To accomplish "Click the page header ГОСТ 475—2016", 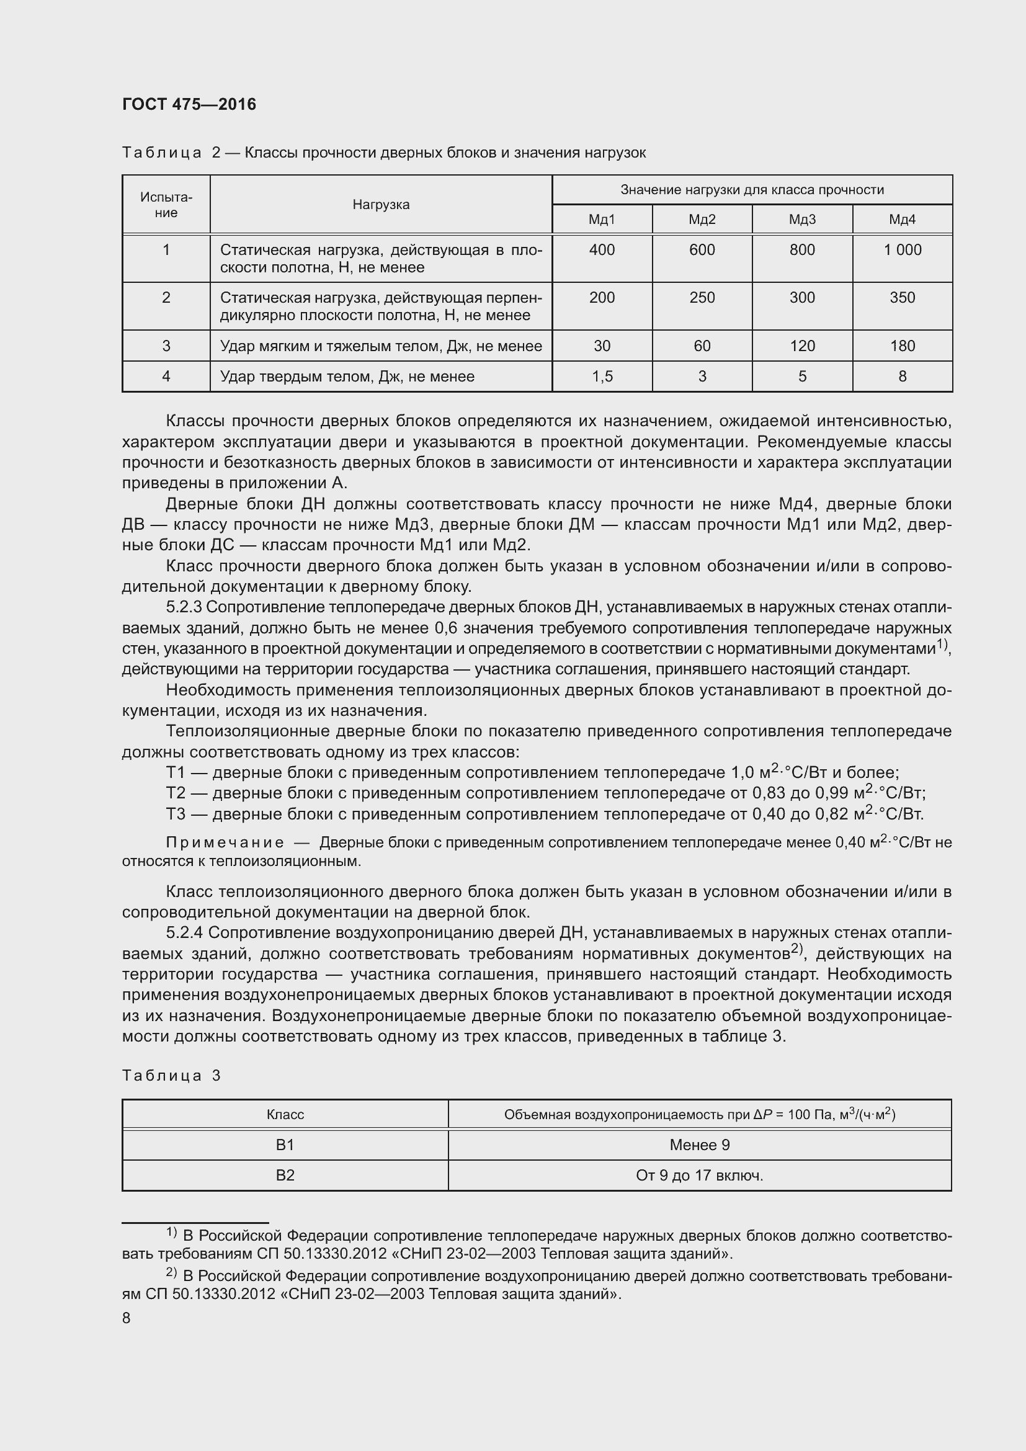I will [189, 104].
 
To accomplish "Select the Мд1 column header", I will [602, 219].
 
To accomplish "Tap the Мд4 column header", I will [902, 219].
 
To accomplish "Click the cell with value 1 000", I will [902, 249].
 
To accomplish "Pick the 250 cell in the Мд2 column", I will [702, 298].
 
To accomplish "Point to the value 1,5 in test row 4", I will [602, 377].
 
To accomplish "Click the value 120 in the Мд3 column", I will [801, 346].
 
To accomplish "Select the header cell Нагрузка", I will [381, 204].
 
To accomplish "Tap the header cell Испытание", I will [166, 204].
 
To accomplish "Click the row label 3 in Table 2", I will [166, 346].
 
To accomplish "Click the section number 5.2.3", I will [184, 607].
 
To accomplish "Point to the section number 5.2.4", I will [184, 933].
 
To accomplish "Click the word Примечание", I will [225, 842].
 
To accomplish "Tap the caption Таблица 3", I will [171, 1076].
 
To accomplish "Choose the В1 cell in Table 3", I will [285, 1145].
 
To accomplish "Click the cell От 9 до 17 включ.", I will [699, 1176].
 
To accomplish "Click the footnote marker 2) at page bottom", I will [171, 1275].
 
